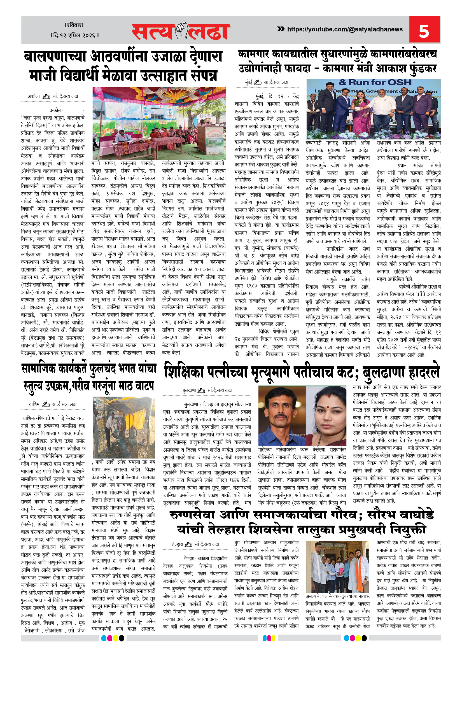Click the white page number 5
pyautogui.click(x=424, y=31)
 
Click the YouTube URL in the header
pyautogui.click(x=345, y=29)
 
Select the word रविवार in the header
pyautogui.click(x=74, y=25)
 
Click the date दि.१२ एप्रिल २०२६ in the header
pyautogui.click(x=74, y=35)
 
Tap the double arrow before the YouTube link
pyautogui.click(x=281, y=29)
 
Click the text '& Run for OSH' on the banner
pyautogui.click(x=375, y=83)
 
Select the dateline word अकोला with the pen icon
pyautogui.click(x=34, y=96)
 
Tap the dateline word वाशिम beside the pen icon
pyautogui.click(x=34, y=404)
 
